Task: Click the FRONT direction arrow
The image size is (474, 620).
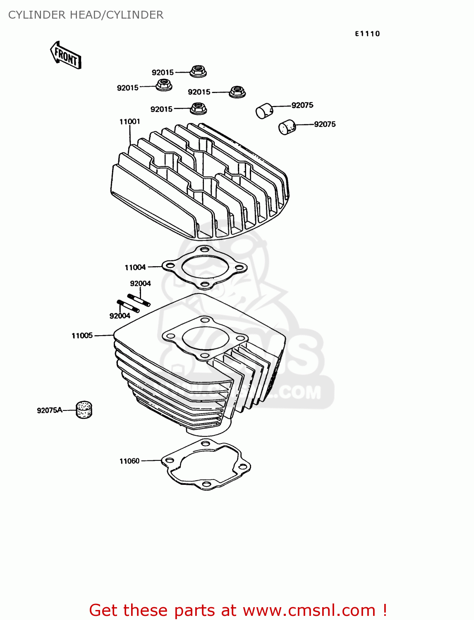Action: pos(65,55)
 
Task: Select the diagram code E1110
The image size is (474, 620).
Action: pos(367,34)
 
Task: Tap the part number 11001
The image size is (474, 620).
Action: pos(129,122)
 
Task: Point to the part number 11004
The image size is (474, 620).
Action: pos(135,267)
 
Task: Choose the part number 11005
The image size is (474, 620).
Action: pos(82,336)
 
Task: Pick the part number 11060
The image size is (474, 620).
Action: pos(129,461)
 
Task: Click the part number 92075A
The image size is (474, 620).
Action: pos(49,410)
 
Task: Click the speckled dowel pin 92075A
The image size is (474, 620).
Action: pos(84,410)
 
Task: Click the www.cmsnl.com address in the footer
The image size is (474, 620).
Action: pos(309,610)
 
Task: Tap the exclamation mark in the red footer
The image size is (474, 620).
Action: pos(385,610)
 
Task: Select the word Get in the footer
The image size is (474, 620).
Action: pos(104,610)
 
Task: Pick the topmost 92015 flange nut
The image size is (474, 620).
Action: pos(198,71)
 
